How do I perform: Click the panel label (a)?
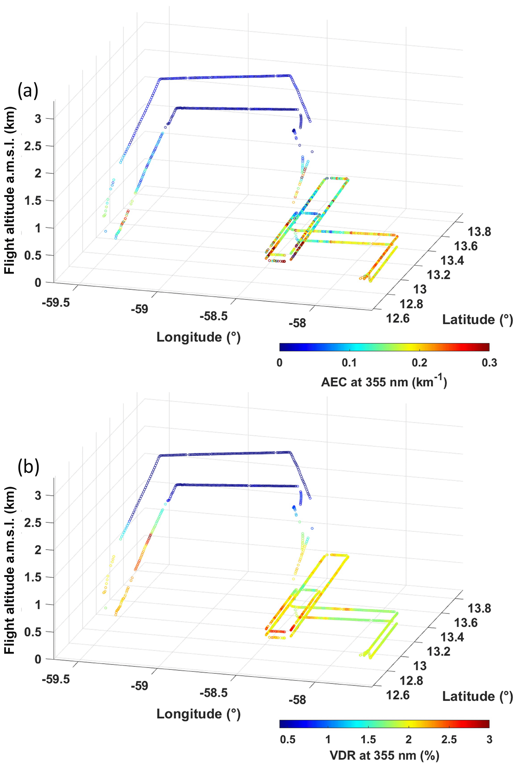click(x=28, y=91)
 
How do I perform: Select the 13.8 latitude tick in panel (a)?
click(x=479, y=232)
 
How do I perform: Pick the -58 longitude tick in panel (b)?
click(x=297, y=700)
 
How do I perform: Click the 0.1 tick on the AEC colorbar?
click(x=349, y=363)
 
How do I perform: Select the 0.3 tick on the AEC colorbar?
click(x=489, y=363)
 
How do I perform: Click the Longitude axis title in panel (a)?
click(x=198, y=337)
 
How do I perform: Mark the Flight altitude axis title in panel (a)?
click(x=10, y=190)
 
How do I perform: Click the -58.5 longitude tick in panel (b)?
click(x=214, y=692)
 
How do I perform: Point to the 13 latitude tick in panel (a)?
click(x=420, y=290)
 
